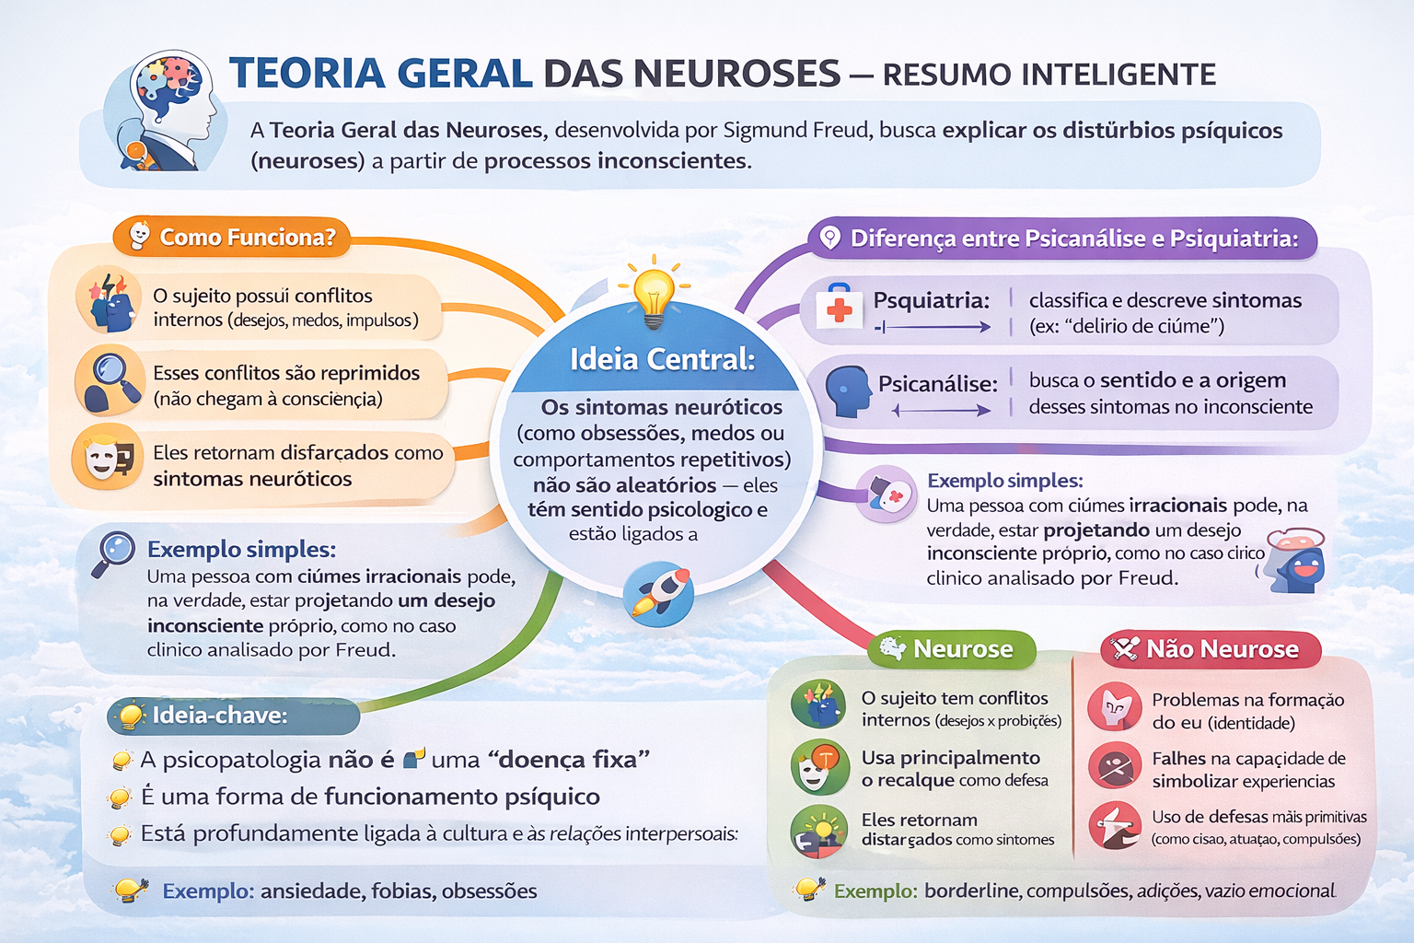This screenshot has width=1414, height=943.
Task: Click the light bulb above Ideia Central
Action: point(654,291)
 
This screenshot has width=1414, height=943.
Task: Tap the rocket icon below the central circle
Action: point(658,595)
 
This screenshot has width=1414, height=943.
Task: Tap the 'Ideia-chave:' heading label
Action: point(219,716)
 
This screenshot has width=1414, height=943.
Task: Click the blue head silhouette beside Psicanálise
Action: point(848,391)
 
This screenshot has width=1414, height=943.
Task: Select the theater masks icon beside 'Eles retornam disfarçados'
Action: point(108,458)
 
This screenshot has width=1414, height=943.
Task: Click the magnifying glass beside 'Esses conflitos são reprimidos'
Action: point(110,380)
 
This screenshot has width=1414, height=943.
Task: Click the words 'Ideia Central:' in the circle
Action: point(662,359)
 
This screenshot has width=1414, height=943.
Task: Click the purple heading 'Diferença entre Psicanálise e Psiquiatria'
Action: point(1073,239)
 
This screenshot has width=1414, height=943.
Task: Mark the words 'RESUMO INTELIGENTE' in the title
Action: point(1049,75)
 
